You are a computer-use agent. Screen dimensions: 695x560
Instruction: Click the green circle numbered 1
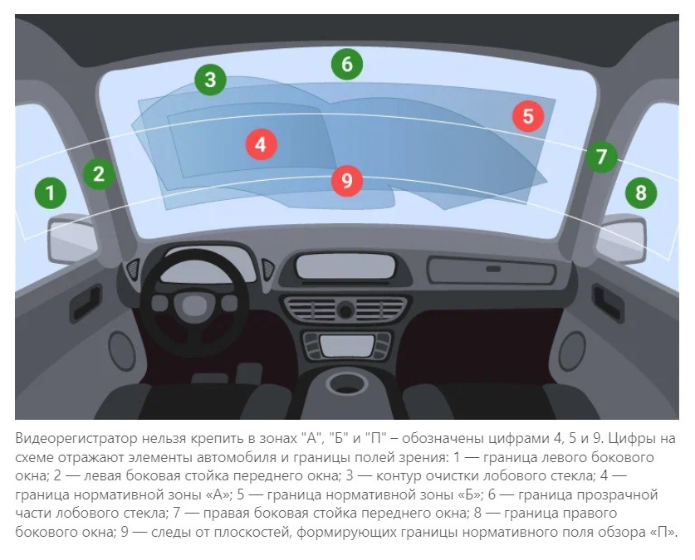click(51, 193)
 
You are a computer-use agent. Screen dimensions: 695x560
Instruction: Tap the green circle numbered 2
click(100, 173)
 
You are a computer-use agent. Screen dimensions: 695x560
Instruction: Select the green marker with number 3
click(211, 80)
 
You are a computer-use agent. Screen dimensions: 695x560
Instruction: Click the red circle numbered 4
click(262, 144)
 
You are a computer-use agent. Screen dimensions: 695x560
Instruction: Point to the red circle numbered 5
click(528, 116)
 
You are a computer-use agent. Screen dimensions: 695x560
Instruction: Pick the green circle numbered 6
click(347, 64)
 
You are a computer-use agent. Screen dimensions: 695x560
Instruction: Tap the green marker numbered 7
click(601, 156)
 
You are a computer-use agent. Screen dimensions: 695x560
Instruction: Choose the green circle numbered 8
click(641, 193)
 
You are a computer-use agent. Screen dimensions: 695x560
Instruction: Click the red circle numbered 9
click(347, 181)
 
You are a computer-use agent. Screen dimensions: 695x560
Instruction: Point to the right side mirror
click(621, 239)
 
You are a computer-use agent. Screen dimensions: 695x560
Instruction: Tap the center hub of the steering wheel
click(194, 305)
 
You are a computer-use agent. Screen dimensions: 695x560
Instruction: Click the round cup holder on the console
click(346, 383)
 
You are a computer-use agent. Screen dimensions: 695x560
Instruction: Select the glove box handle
click(493, 269)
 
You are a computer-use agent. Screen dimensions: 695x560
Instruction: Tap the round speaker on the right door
click(572, 351)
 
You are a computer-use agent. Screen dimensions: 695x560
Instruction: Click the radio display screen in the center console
click(347, 346)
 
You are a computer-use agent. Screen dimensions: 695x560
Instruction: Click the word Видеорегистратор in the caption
click(76, 439)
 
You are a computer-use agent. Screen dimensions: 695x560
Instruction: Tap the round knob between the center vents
click(345, 309)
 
